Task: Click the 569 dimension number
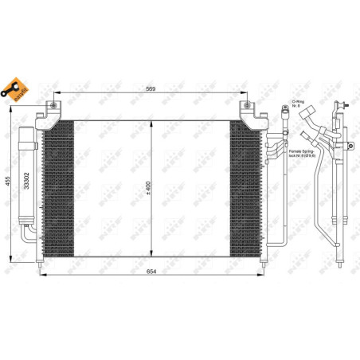[x=150, y=89]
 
